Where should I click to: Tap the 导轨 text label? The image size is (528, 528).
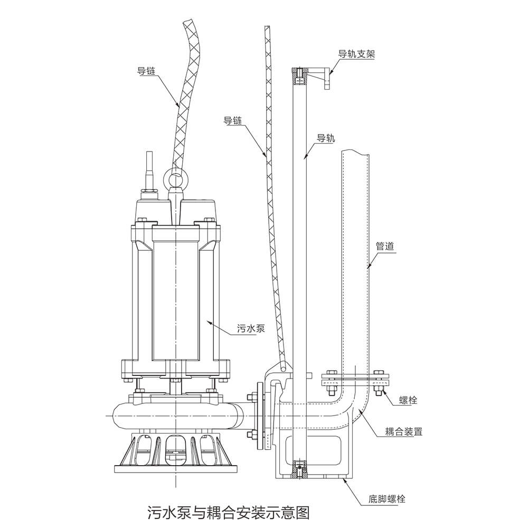coord(325,138)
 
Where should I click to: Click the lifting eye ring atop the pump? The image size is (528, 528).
coord(175,180)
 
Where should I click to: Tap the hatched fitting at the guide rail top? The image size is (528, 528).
coord(300,76)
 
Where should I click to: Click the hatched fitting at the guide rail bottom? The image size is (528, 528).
coord(300,468)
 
